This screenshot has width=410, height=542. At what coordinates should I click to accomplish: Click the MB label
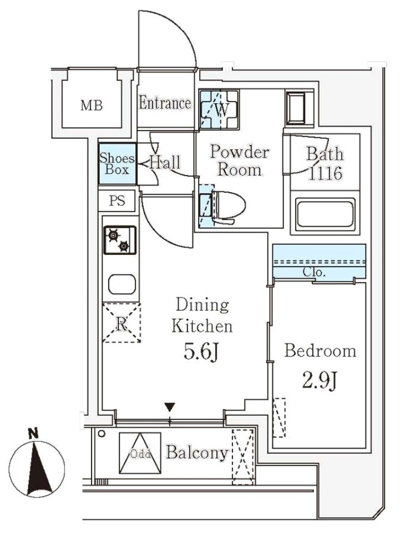[x=92, y=106]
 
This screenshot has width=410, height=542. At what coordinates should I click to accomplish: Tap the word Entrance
[x=165, y=103]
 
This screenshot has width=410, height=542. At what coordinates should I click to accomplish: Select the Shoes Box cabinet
[x=117, y=164]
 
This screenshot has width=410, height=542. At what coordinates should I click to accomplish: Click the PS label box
[x=117, y=201]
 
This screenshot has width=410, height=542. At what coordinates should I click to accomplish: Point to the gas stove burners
[x=119, y=239]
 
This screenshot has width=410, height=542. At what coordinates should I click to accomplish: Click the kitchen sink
[x=120, y=284]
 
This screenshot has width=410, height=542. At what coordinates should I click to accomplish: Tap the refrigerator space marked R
[x=121, y=323]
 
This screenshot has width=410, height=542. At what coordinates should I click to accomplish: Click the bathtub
[x=326, y=214]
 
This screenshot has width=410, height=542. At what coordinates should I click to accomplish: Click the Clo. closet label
[x=314, y=273]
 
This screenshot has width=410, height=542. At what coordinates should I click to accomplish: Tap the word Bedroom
[x=320, y=351]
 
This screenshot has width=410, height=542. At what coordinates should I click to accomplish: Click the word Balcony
[x=197, y=453]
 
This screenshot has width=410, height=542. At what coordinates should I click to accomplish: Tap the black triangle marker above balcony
[x=170, y=408]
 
